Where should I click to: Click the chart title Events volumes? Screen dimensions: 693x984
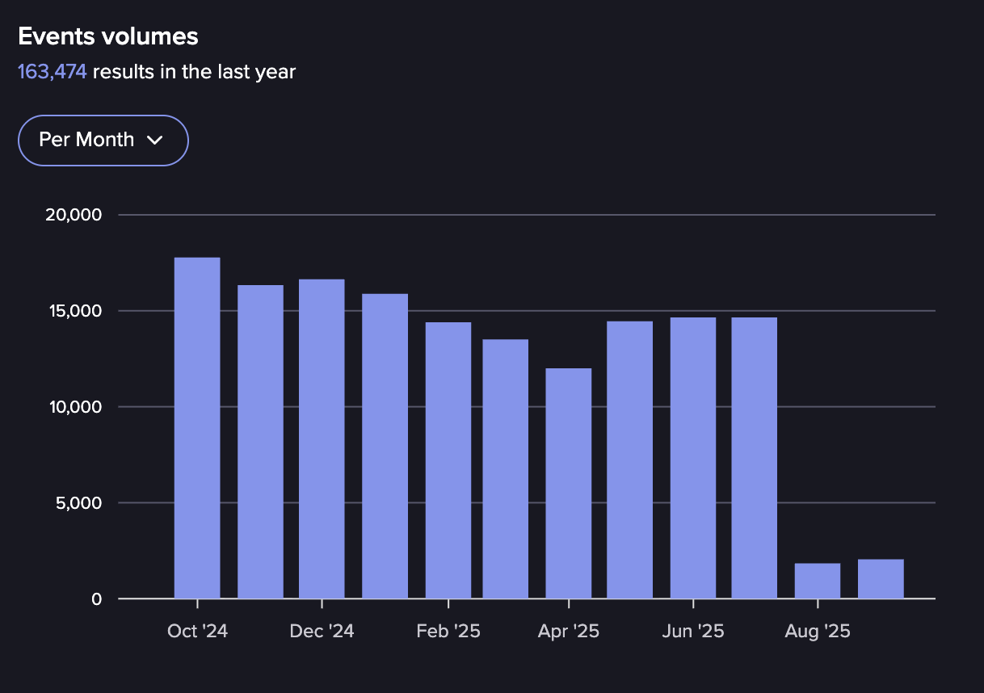coord(108,36)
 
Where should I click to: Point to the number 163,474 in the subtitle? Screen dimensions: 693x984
coord(53,72)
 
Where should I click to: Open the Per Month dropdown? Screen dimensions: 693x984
coord(103,140)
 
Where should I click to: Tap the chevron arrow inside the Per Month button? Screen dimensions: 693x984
coord(155,141)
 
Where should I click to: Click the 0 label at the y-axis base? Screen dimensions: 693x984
coord(97,599)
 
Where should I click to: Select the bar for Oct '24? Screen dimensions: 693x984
coord(197,428)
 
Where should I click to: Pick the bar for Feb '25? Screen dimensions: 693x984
coord(448,460)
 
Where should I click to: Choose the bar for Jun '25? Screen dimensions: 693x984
coord(693,458)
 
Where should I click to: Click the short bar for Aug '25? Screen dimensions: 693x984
coord(818,582)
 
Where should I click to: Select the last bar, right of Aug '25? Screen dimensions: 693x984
coord(881,579)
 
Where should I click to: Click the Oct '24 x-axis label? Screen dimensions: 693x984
coord(197,631)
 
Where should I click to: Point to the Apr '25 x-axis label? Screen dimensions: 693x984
coord(569,631)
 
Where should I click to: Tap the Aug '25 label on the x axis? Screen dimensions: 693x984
coord(818,631)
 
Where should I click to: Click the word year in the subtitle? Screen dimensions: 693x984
coord(278,72)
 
